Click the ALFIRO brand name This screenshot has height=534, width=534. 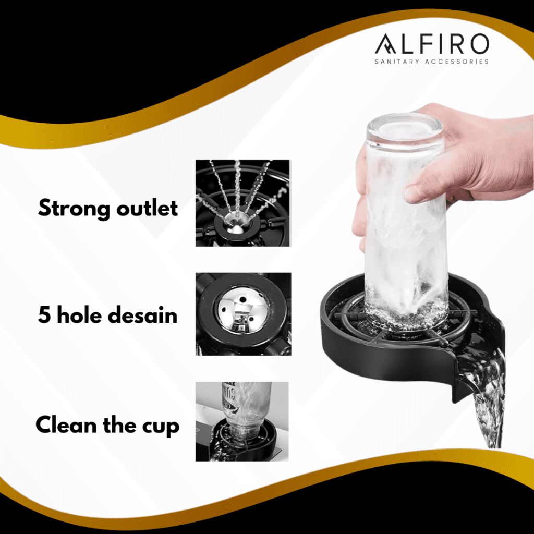pos(432,44)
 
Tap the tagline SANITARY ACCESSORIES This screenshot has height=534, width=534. pos(431,62)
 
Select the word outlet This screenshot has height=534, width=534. pos(147,208)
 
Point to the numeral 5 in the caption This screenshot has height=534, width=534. pos(44,314)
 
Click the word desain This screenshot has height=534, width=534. pos(143,314)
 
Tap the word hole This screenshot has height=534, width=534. pos(79,314)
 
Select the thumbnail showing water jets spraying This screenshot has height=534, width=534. pos(242,203)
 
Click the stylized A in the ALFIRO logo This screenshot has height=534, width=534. pos(386,44)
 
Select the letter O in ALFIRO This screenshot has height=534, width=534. pos(478,44)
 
